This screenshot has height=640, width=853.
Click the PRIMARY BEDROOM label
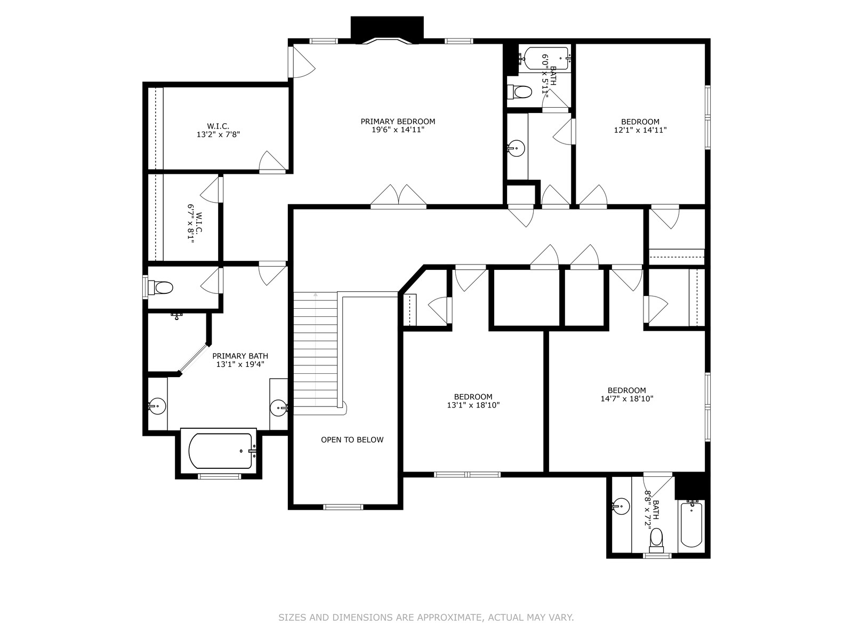(x=398, y=122)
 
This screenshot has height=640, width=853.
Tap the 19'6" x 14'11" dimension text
(x=398, y=130)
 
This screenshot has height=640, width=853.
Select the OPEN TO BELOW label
(x=352, y=439)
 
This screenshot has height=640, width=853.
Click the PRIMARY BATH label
(x=240, y=356)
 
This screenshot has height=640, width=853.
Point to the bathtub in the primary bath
(x=220, y=451)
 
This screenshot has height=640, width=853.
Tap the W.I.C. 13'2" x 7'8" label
(x=219, y=131)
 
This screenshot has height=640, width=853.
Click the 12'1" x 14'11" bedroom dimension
(x=640, y=130)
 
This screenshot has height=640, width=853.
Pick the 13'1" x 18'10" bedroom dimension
(x=473, y=405)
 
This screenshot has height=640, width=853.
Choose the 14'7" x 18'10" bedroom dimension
(x=627, y=398)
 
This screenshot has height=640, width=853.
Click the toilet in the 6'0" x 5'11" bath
(x=520, y=92)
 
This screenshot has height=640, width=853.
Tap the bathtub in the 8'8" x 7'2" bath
(x=691, y=525)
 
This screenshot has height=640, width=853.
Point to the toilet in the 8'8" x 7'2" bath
(x=656, y=539)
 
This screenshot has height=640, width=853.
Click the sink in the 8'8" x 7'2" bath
(x=621, y=506)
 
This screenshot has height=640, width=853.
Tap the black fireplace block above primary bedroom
(x=387, y=28)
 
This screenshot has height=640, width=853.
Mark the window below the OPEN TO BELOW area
(x=343, y=507)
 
